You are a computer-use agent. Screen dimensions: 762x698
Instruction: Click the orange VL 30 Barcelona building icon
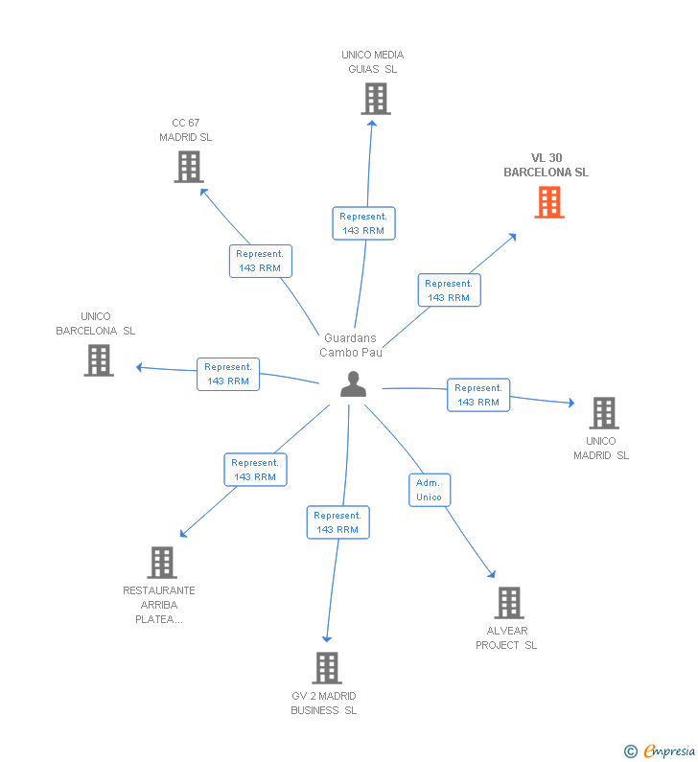[x=549, y=202]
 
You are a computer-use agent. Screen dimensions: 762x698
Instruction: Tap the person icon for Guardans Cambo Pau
[x=354, y=384]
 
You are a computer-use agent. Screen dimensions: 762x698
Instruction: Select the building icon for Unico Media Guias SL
[x=376, y=99]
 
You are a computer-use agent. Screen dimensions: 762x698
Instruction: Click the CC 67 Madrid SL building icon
[x=189, y=167]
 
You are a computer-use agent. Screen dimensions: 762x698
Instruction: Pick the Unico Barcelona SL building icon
[x=99, y=360]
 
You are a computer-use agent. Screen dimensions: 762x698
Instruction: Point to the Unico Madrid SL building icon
[x=603, y=413]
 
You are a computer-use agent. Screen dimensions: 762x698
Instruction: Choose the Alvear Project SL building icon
[x=508, y=603]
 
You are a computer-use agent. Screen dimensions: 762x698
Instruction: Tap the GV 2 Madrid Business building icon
[x=327, y=668]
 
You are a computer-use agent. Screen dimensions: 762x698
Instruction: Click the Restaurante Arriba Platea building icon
[x=162, y=563]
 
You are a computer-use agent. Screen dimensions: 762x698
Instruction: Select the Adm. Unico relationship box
[x=429, y=490]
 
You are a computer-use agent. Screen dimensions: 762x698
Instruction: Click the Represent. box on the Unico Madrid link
[x=478, y=395]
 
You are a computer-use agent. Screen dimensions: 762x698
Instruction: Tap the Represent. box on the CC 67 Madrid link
[x=260, y=261]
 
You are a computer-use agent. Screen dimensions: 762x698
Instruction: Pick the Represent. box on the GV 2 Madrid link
[x=337, y=522]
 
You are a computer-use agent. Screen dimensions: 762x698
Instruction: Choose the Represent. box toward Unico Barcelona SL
[x=228, y=374]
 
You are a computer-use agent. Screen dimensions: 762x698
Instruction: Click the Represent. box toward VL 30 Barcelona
[x=449, y=290]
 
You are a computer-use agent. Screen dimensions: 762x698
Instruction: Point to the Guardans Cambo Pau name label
[x=351, y=345]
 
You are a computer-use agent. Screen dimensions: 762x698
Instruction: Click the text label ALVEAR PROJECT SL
[x=506, y=638]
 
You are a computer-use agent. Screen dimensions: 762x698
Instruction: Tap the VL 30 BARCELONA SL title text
[x=547, y=166]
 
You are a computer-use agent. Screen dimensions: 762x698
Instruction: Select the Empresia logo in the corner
[x=661, y=751]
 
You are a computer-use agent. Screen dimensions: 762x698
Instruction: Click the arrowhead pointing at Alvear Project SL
[x=492, y=574]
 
